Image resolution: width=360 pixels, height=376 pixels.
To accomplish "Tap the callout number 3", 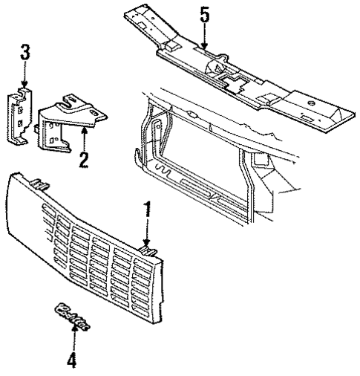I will click(24, 52).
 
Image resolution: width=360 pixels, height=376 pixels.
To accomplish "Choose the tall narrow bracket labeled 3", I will click(22, 115).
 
